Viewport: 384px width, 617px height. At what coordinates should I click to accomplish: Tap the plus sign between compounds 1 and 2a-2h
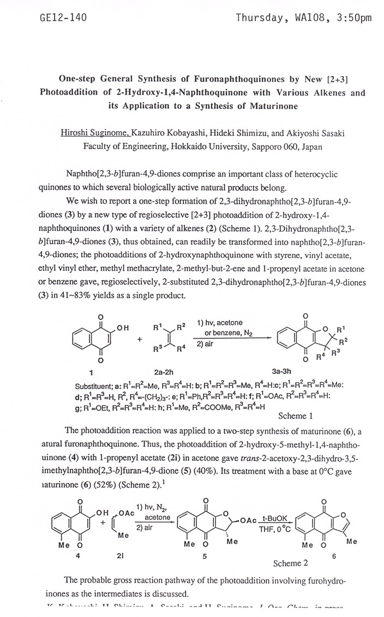[139, 339]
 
